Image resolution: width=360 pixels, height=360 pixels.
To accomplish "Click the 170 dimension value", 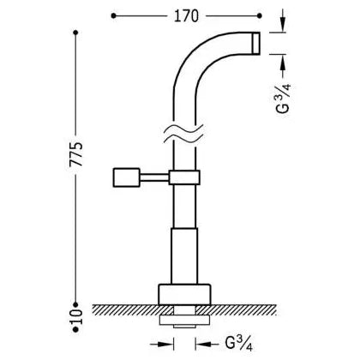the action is [186, 16].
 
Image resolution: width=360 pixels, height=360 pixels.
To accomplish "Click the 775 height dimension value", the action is [76, 154].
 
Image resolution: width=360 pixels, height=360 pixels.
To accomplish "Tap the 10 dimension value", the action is [76, 316].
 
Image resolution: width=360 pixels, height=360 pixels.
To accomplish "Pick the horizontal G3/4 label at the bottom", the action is [239, 344].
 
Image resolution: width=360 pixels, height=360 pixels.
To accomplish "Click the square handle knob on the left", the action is [127, 177].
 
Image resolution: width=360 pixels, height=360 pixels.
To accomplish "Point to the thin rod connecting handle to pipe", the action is [154, 177].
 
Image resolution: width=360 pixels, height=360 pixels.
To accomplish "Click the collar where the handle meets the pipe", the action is [184, 177].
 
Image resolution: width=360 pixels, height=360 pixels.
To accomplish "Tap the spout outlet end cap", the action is [256, 43].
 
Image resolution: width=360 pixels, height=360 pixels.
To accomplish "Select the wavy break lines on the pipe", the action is [184, 133].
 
